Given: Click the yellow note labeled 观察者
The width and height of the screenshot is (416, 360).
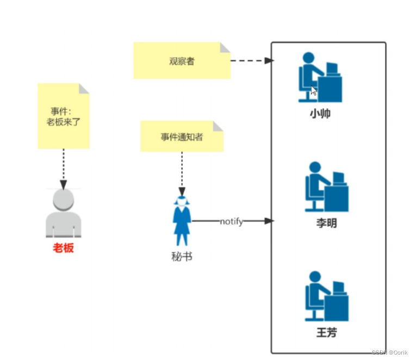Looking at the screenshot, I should [x=182, y=61].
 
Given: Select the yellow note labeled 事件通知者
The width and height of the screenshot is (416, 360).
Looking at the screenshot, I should [x=182, y=136].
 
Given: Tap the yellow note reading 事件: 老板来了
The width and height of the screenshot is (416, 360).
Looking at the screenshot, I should [x=63, y=116].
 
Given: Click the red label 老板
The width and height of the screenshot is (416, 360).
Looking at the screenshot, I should [x=63, y=249].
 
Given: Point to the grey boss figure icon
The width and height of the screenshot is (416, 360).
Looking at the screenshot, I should [x=63, y=214].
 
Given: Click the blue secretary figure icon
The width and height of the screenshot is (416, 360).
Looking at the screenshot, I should [x=182, y=222].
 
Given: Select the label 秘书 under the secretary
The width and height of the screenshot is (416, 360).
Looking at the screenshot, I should [x=182, y=256].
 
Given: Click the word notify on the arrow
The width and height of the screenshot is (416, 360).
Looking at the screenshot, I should [x=231, y=221].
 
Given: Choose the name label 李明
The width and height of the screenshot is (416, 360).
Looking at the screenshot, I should [x=326, y=223].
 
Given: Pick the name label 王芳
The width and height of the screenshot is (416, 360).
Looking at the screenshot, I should [x=326, y=332].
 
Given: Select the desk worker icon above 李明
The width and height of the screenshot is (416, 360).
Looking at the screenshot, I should [x=326, y=187].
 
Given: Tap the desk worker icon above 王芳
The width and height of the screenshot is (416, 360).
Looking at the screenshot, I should [x=326, y=296].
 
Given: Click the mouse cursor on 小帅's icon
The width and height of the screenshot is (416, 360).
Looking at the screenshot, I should [x=314, y=90].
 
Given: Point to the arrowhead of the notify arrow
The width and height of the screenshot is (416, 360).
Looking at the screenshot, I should [x=268, y=221].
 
